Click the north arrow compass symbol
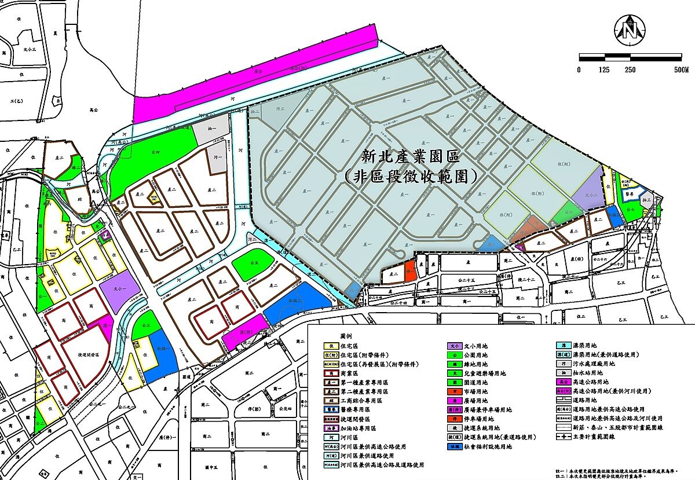point(630,28)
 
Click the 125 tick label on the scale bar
point(604,70)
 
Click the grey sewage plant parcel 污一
point(216,156)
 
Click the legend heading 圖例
point(346,336)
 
